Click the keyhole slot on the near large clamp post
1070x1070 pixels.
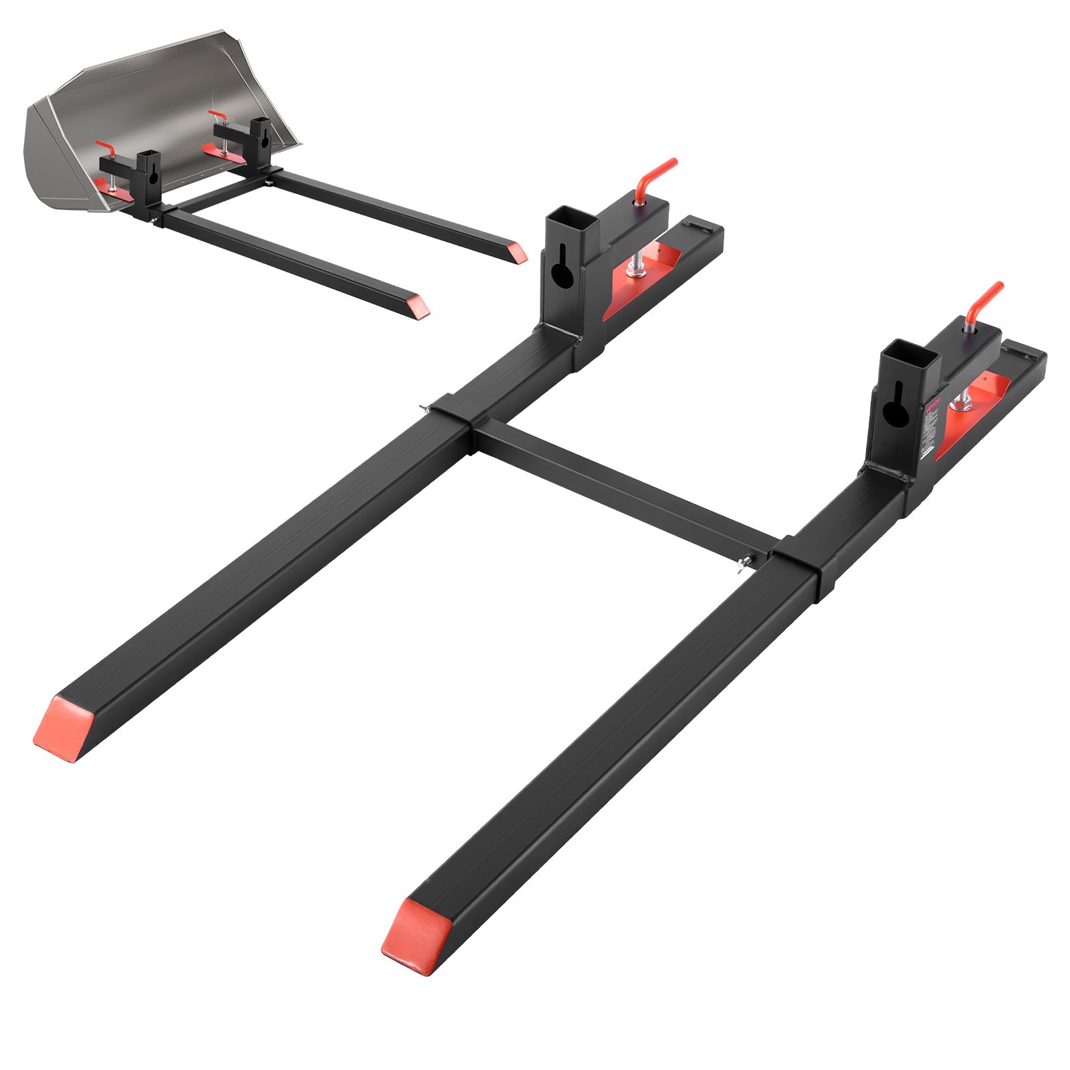point(894,413)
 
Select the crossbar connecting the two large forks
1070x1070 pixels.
point(622,488)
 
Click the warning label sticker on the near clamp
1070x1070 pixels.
point(932,428)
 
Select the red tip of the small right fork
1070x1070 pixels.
point(517,253)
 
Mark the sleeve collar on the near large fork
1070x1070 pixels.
point(796,568)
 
